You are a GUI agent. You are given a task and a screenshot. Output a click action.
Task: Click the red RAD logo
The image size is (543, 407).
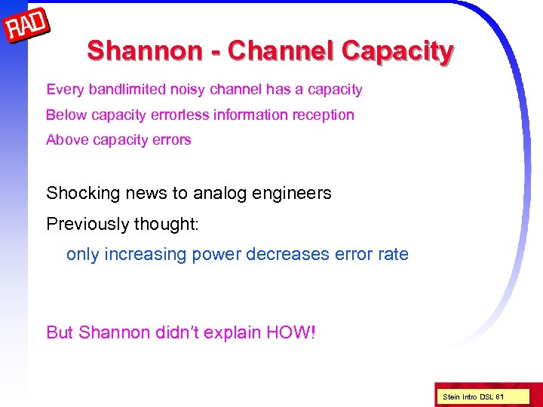[x=27, y=27]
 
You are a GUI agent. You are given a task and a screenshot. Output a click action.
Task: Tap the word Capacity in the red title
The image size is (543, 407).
[x=397, y=50]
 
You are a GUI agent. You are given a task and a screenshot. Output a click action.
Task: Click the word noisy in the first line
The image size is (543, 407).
[x=187, y=90]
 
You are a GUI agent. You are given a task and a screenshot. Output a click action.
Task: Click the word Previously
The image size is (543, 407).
[x=89, y=224]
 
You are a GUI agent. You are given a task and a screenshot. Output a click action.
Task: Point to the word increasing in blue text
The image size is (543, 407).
[x=146, y=254]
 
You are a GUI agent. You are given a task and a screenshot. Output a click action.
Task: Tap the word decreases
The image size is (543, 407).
[x=284, y=254]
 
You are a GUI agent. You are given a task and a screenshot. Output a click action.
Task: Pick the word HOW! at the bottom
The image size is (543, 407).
[x=291, y=332]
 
